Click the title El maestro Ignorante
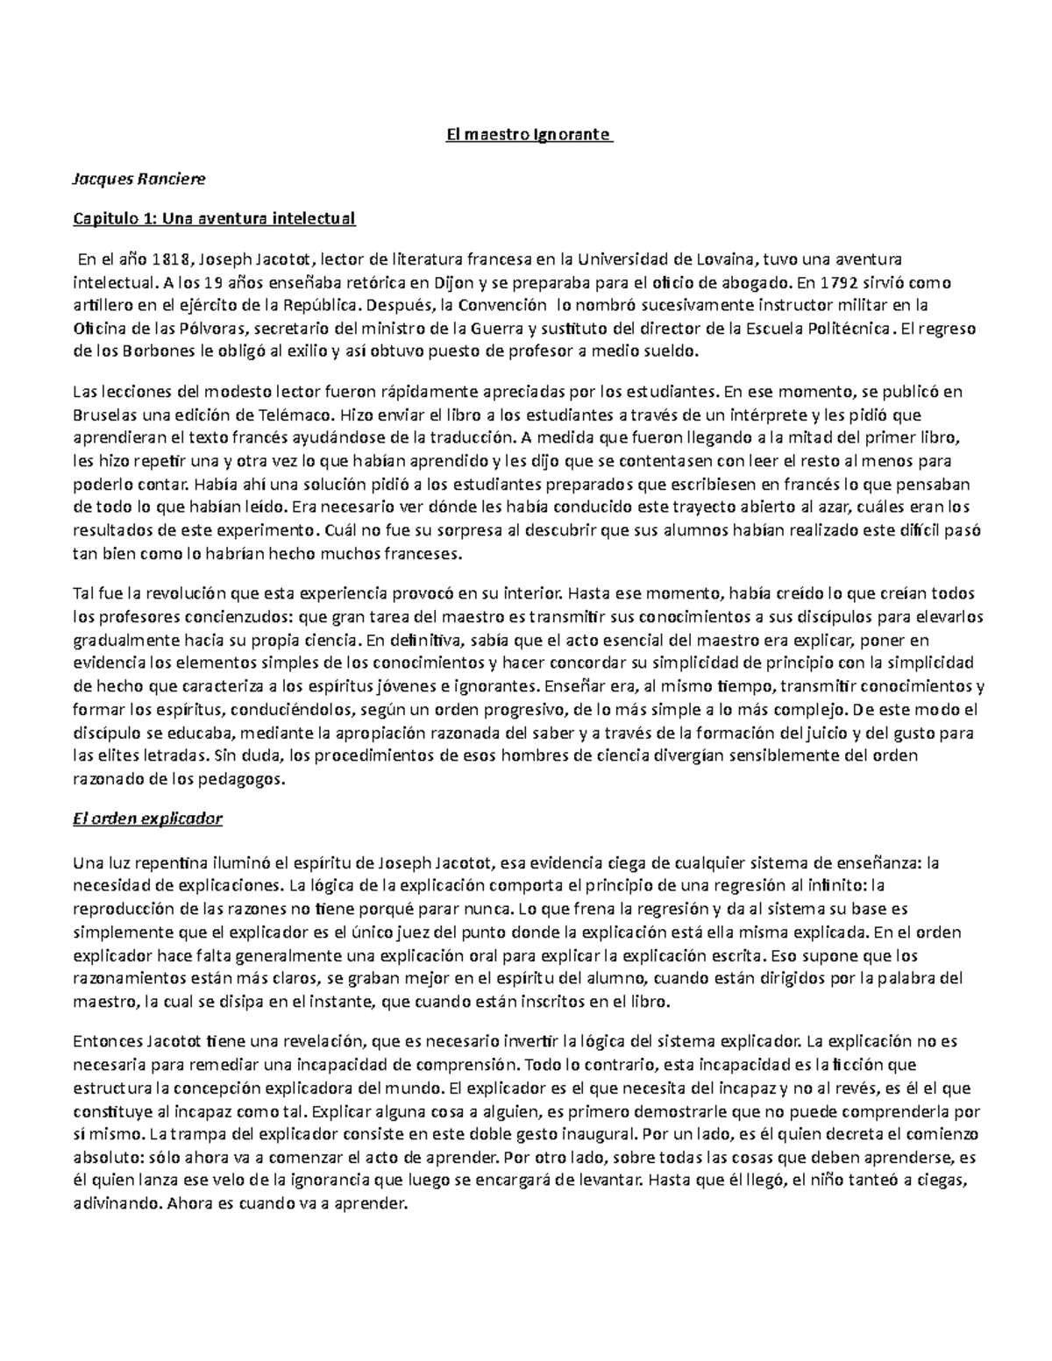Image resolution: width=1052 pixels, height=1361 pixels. pyautogui.click(x=526, y=136)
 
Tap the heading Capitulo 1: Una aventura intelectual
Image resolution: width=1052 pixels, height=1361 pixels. pyautogui.click(x=214, y=218)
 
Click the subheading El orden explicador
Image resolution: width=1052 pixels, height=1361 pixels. pyautogui.click(x=147, y=819)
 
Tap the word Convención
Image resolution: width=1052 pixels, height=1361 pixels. pyautogui.click(x=504, y=306)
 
